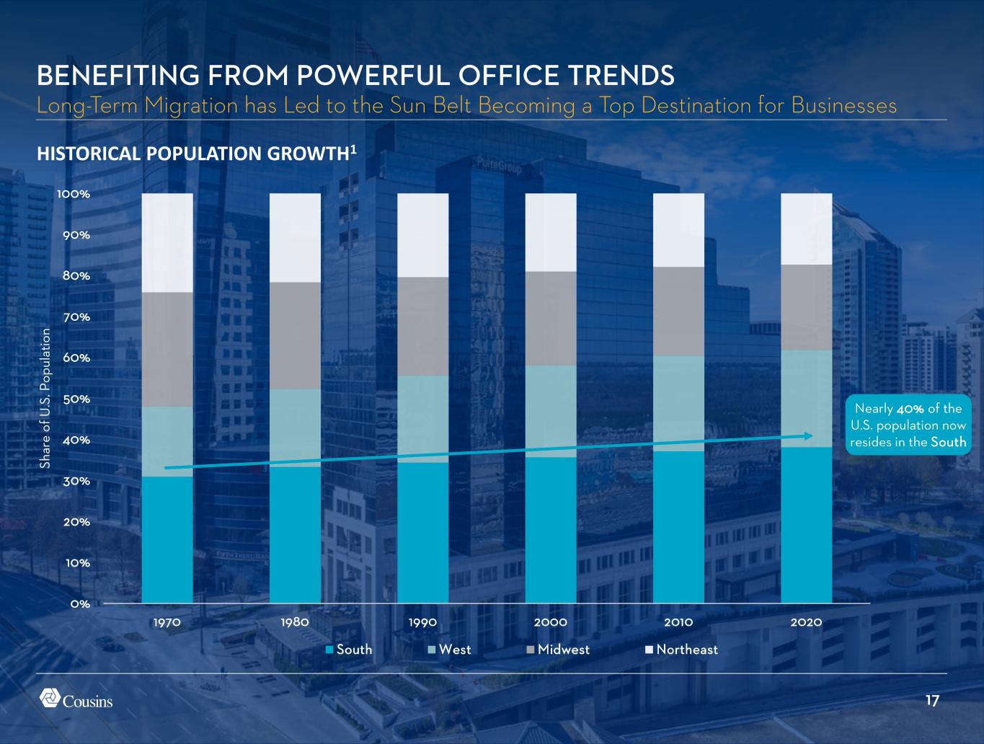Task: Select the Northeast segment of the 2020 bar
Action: click(807, 229)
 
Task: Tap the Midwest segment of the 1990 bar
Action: click(423, 326)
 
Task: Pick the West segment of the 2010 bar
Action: click(678, 403)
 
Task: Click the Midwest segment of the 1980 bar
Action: click(295, 335)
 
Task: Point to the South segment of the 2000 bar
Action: click(551, 530)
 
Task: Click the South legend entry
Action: click(349, 650)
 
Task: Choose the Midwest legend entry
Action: click(558, 650)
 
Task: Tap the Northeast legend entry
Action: click(681, 650)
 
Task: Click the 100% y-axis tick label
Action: click(74, 194)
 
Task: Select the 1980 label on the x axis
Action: click(295, 621)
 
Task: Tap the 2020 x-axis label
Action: click(807, 621)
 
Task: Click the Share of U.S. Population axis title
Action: click(46, 399)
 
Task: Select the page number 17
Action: click(932, 701)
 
